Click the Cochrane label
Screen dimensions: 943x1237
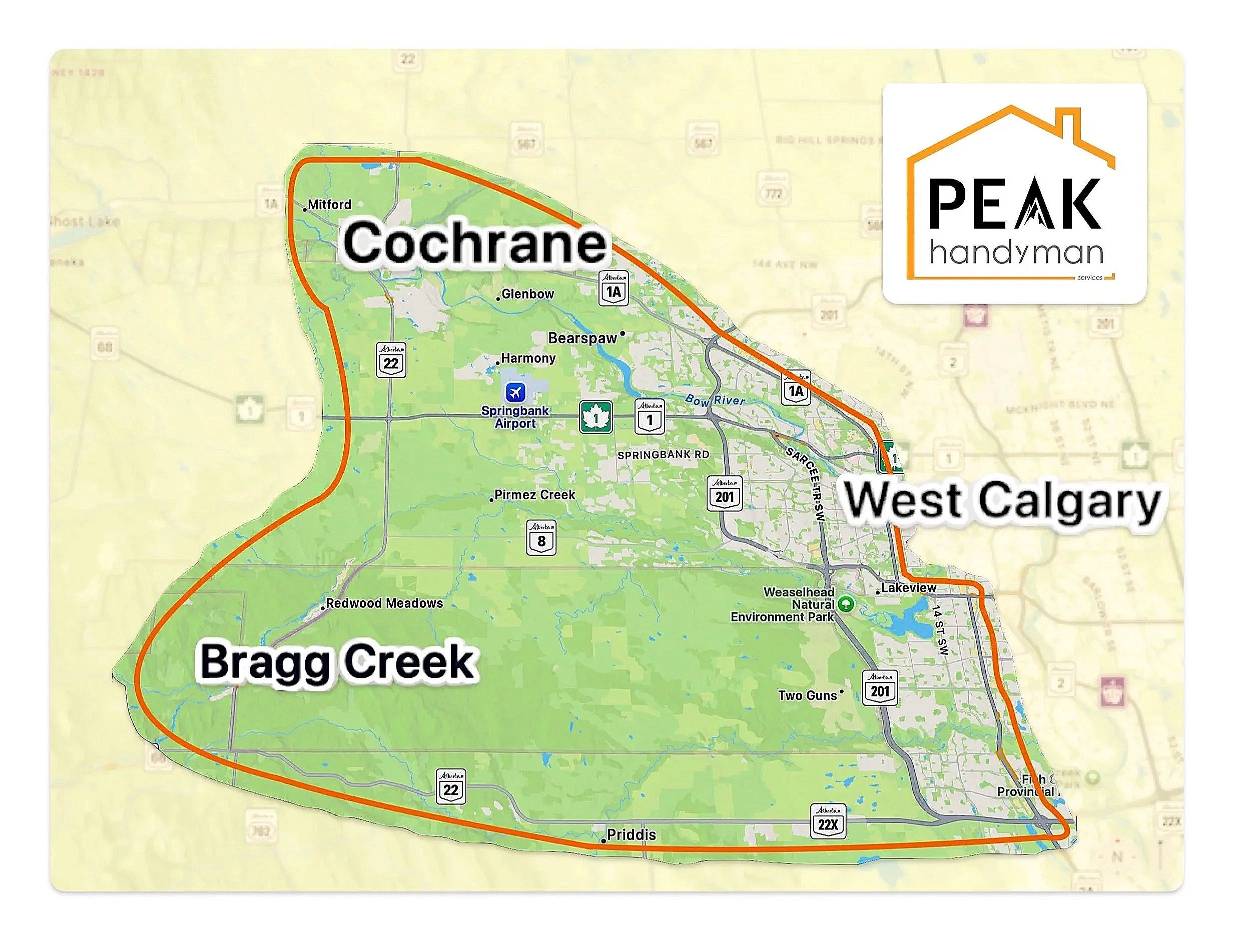pos(474,243)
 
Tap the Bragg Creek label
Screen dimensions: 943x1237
pos(337,662)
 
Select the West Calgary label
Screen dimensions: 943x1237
pos(1002,501)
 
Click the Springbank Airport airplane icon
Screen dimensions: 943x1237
pos(515,391)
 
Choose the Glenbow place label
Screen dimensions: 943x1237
pos(527,294)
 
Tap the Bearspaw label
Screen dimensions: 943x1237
pos(583,338)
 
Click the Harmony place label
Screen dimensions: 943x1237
pos(528,358)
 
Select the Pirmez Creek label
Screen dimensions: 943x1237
pos(534,495)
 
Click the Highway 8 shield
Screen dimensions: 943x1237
pos(541,538)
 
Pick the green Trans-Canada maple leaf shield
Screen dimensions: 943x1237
pos(595,417)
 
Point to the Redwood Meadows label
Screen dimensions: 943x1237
pos(384,603)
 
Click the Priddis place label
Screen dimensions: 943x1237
pos(631,834)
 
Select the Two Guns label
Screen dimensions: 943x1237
pos(808,695)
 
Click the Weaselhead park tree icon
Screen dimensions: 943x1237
pos(846,604)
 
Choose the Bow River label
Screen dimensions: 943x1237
pos(715,400)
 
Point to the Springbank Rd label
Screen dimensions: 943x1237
pos(663,455)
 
